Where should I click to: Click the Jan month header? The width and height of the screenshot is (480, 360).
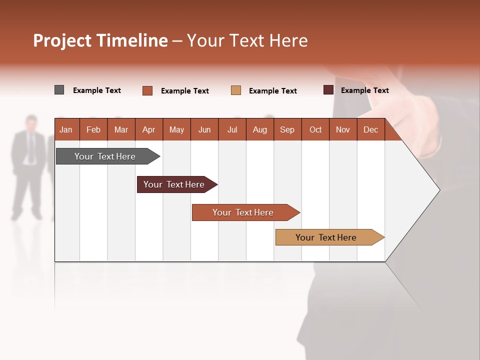66,130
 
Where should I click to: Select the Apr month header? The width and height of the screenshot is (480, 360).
148,130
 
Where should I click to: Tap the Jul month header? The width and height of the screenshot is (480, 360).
232,130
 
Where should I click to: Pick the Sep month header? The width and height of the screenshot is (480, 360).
287,130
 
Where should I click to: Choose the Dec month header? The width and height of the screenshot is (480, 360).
370,130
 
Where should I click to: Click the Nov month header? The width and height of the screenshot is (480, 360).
342,130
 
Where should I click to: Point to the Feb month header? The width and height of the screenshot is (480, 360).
93,130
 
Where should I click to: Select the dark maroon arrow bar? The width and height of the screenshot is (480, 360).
175,184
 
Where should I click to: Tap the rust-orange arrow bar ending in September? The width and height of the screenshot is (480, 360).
244,212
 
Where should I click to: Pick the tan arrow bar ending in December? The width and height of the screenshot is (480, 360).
327,237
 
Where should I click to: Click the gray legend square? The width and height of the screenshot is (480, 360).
59,90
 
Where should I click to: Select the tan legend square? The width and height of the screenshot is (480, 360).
236,90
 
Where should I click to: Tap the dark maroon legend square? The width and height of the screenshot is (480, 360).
328,90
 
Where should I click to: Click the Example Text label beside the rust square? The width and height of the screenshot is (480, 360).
184,91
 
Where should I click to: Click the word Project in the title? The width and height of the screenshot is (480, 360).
62,41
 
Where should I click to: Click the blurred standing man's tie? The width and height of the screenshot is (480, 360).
31,148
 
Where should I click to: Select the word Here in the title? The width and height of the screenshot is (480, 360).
288,41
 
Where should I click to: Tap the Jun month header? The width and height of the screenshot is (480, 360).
204,130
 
